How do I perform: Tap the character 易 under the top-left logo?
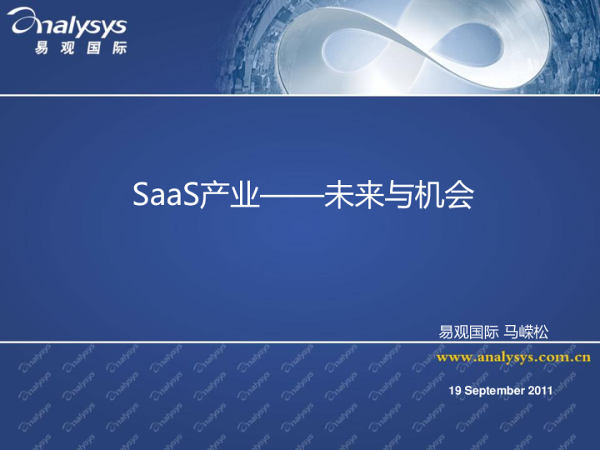[x=42, y=48]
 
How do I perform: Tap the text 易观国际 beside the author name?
[x=469, y=332]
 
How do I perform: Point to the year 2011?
[x=540, y=390]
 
